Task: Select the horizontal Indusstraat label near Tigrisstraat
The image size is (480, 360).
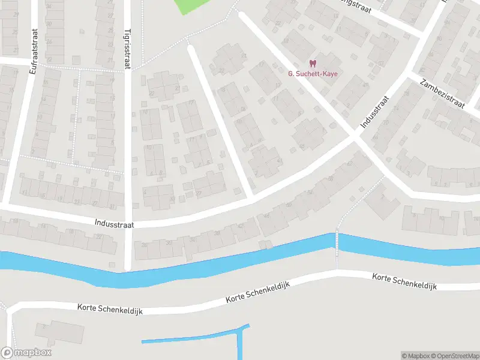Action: pos(113,222)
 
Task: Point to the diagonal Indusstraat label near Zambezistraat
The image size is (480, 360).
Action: pos(375,112)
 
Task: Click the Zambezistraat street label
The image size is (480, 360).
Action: pos(443,94)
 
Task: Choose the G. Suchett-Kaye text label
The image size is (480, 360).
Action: pos(313,74)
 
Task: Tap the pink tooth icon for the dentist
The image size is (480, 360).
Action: pos(312,63)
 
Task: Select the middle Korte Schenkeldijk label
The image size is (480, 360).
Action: pos(258,292)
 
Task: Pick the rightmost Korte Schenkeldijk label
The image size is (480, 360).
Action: pos(404,281)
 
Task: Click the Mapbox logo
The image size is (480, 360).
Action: pos(26,353)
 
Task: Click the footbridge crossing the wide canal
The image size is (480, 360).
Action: pos(337,243)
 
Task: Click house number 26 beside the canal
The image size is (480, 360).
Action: pos(143,244)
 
